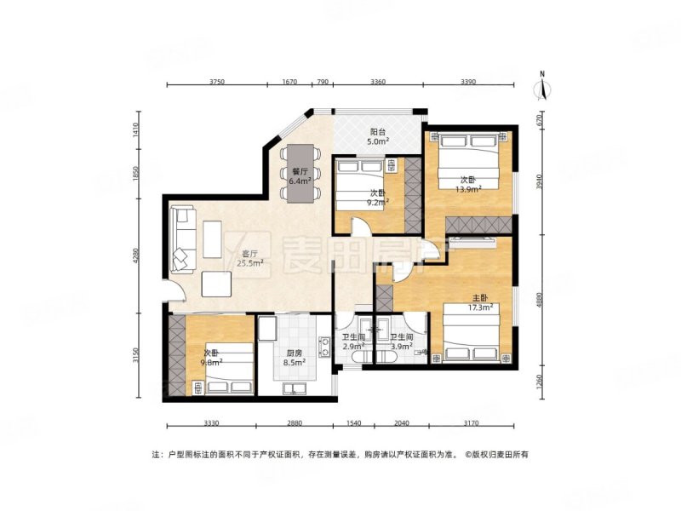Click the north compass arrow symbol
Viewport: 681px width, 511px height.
542,88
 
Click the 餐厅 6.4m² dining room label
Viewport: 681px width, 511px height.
300,175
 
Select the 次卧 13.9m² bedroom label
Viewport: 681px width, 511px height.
467,185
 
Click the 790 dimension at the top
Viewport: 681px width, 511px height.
322,82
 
